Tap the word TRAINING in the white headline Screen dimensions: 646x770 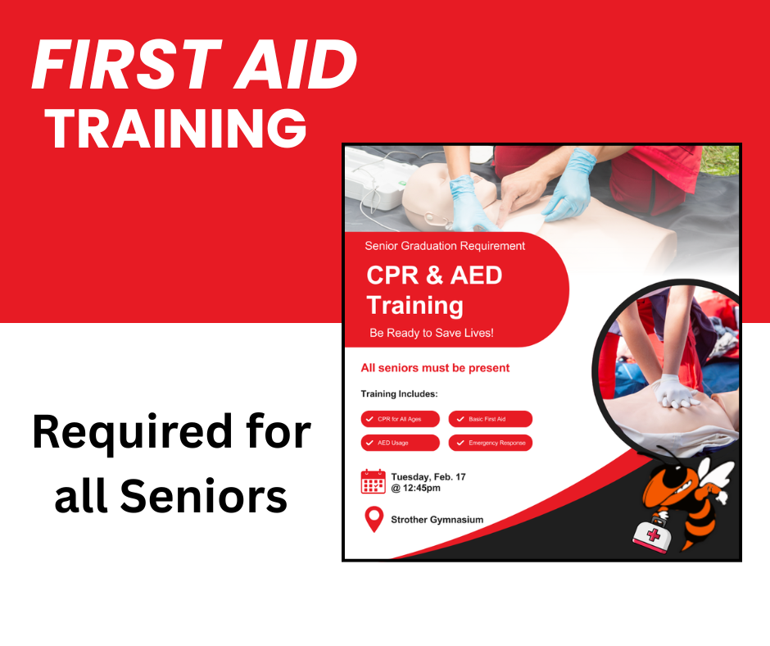[175, 129]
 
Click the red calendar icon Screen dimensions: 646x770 [373, 481]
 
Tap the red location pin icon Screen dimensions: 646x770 [374, 519]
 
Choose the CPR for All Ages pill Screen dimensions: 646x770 [401, 419]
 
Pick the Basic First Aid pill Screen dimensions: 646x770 [490, 419]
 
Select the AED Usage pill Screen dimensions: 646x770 [401, 443]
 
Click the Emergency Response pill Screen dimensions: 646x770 [490, 443]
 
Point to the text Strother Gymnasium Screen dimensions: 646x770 [437, 520]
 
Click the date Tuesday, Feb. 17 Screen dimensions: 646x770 [428, 476]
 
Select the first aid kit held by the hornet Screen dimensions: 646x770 [653, 534]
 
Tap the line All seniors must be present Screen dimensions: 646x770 [435, 368]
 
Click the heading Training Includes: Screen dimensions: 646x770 [399, 394]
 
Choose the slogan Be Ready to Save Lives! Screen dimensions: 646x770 [431, 334]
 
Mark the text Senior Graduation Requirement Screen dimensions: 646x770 [445, 246]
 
